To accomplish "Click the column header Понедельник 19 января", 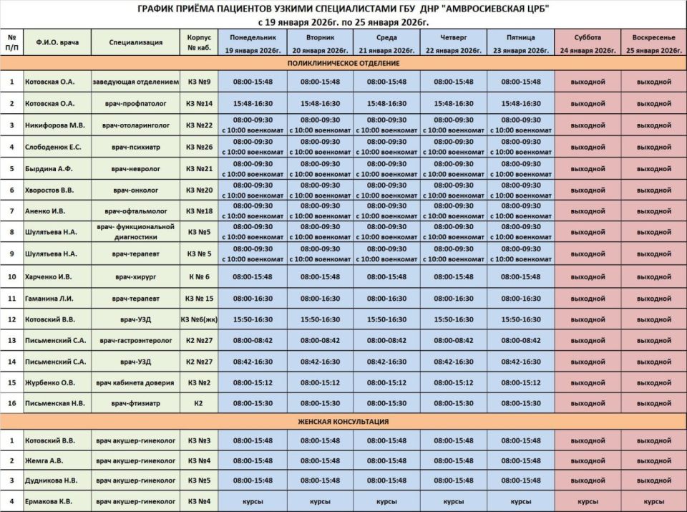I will (x=253, y=43).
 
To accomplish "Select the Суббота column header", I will (x=587, y=43).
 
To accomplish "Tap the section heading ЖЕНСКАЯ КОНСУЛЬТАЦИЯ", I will (x=343, y=422).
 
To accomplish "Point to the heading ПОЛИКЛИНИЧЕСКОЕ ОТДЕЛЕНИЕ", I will (x=343, y=64).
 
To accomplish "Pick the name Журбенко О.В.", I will (x=50, y=382).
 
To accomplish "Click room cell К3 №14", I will (x=198, y=103).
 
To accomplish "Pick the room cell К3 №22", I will (x=198, y=125).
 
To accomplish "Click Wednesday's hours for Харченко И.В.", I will (x=386, y=276).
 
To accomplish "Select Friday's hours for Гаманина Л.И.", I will (x=521, y=298).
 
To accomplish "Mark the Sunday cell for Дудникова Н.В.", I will (x=653, y=480).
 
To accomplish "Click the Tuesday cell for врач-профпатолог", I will (x=320, y=103).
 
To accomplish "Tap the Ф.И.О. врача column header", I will (x=57, y=43).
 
